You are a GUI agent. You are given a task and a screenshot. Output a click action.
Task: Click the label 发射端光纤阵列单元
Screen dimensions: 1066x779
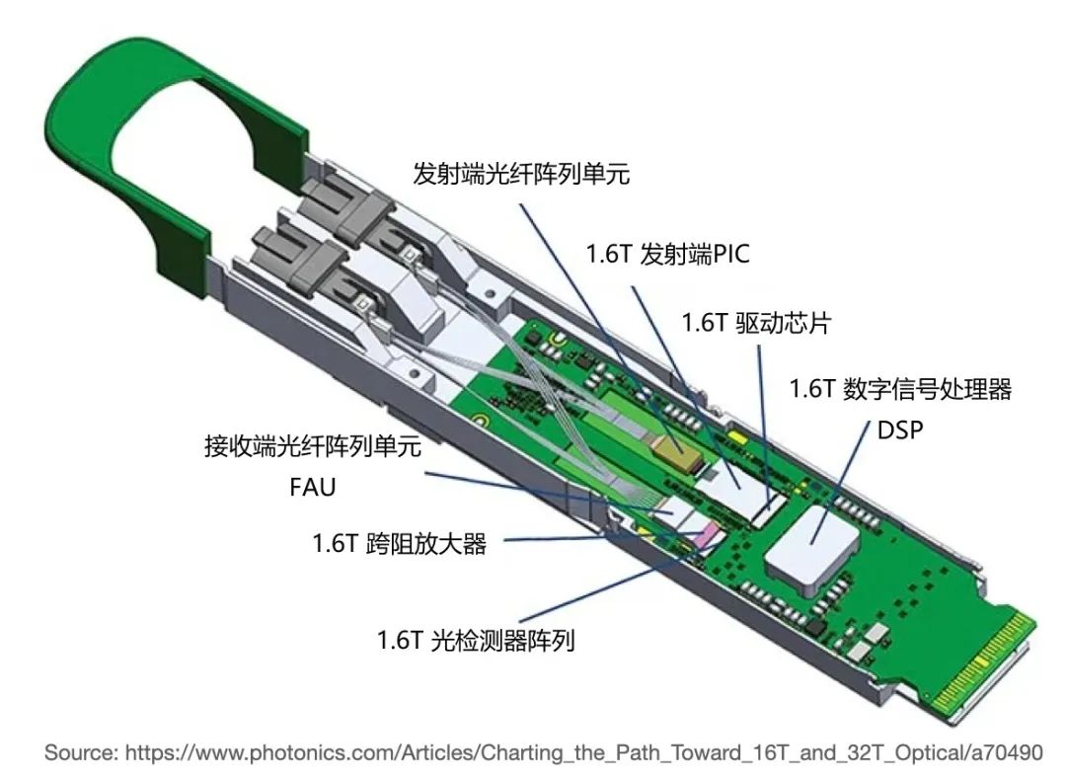pos(521,174)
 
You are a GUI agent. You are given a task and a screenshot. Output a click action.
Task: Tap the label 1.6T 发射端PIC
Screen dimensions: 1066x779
pos(667,254)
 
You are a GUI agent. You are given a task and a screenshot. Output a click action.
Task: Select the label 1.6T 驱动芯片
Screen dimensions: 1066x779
pos(756,322)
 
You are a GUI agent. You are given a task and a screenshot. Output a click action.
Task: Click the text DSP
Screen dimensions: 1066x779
pos(900,429)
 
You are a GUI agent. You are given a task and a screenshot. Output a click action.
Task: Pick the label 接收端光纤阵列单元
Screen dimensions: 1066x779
pos(314,446)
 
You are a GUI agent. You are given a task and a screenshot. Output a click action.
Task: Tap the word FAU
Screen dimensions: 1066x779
pos(313,487)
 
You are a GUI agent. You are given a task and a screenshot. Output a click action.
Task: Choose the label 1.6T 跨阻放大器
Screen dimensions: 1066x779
pos(400,543)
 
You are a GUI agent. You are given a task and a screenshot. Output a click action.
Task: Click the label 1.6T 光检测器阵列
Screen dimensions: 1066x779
pos(476,640)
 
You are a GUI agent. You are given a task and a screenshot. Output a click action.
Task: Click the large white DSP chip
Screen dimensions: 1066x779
pos(812,544)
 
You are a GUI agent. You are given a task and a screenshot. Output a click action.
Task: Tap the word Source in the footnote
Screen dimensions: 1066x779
pos(79,752)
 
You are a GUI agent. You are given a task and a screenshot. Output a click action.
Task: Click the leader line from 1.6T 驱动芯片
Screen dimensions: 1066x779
pos(765,427)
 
